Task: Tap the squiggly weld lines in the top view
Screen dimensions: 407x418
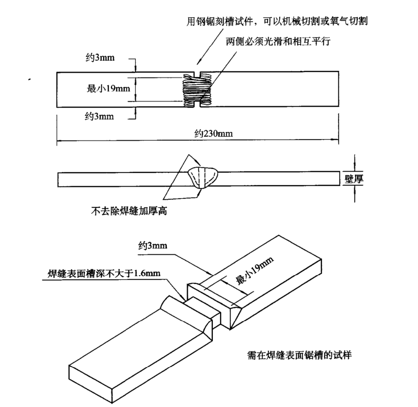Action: click(x=196, y=90)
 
